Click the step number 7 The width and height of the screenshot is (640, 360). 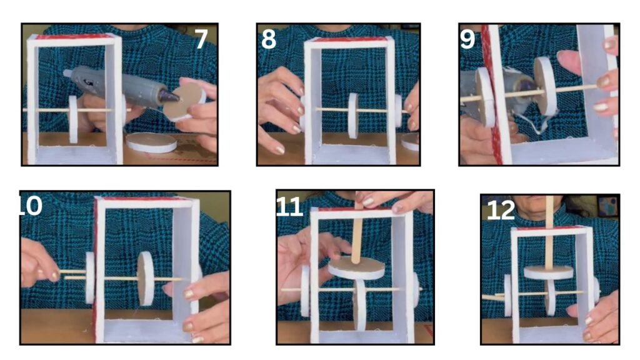coord(201,39)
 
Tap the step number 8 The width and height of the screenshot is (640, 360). coord(269,39)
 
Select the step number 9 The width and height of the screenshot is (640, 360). coord(467,39)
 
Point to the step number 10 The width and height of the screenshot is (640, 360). coord(31,205)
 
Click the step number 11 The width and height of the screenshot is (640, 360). coord(289,207)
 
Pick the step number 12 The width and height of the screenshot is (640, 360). coord(501,210)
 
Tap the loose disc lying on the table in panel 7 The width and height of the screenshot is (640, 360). coord(151,142)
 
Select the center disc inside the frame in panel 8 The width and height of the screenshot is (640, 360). coord(352,116)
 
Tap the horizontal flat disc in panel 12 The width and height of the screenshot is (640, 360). coord(548,272)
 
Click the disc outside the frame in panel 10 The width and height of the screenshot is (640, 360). coord(90,278)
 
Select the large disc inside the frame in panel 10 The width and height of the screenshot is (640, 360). coord(145,278)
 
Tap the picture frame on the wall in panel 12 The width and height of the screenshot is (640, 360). coord(608,206)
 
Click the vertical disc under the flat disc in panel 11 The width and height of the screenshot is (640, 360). coord(359,304)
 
